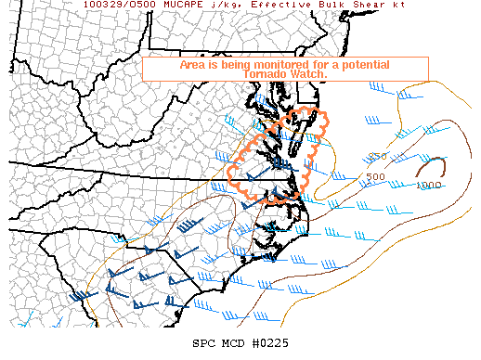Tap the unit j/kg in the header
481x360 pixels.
click(219, 5)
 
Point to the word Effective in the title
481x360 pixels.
click(269, 5)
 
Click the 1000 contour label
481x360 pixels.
click(429, 185)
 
